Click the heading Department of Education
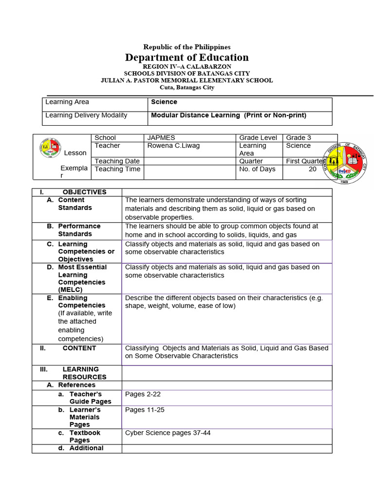(187, 58)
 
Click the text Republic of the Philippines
(187, 47)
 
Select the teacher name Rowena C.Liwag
(173, 146)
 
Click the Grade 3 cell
(299, 138)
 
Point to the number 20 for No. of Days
(312, 169)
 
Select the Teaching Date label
(117, 161)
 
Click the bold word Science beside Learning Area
(164, 102)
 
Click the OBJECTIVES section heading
(84, 192)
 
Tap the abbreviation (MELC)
(70, 290)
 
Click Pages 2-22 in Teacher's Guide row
(140, 394)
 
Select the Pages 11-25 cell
(145, 410)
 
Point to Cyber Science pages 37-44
(168, 433)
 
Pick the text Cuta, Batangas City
(187, 88)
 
